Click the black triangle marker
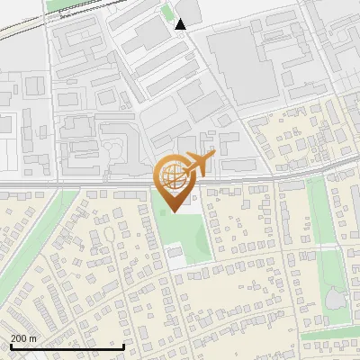(181, 24)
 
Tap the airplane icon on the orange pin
(199, 164)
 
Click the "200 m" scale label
(23, 338)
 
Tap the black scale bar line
(67, 346)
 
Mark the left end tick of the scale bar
(11, 346)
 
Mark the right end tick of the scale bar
(124, 346)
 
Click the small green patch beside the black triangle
(166, 13)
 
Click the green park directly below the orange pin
(184, 234)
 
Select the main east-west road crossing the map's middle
(90, 186)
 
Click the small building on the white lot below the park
(175, 255)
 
